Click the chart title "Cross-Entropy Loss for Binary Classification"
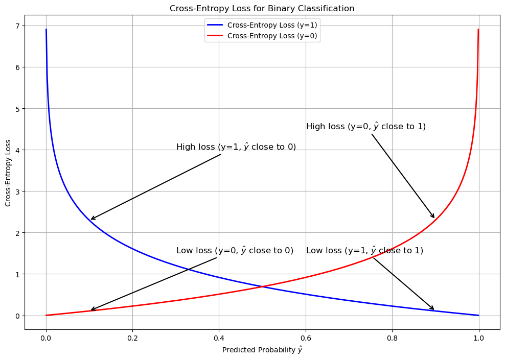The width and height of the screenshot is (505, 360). click(x=262, y=8)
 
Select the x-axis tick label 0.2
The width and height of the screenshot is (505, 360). click(x=132, y=338)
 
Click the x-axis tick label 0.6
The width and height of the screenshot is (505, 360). click(x=306, y=338)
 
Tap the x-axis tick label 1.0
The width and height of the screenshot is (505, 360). click(x=479, y=338)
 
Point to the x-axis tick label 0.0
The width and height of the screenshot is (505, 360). click(x=46, y=338)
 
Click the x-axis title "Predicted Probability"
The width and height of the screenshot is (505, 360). click(x=259, y=350)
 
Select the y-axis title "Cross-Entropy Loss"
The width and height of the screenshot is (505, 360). click(x=8, y=172)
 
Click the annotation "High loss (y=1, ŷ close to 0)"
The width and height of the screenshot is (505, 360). click(x=236, y=147)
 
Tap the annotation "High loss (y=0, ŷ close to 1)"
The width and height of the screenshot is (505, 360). click(x=366, y=126)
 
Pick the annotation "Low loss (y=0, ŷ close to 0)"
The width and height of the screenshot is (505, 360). click(x=235, y=250)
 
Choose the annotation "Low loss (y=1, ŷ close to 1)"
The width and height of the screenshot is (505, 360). click(x=364, y=250)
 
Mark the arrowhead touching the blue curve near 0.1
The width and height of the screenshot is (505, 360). click(x=91, y=219)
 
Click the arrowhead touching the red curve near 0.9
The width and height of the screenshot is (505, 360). click(x=433, y=217)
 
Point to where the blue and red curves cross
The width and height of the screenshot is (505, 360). click(x=262, y=286)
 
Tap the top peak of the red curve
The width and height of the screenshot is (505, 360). click(x=478, y=30)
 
